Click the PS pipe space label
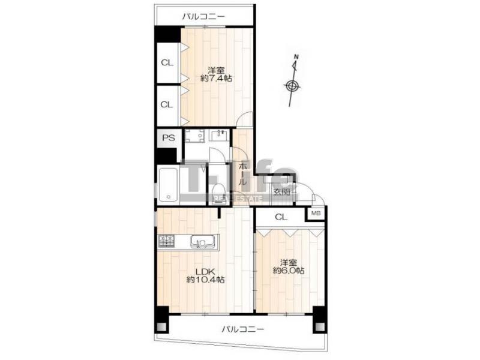[168, 138]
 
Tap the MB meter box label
[316, 213]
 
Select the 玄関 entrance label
[281, 192]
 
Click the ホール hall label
[242, 174]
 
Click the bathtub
[168, 185]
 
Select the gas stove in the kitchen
[166, 241]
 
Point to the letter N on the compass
[296, 56]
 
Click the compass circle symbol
[292, 86]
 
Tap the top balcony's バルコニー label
[203, 17]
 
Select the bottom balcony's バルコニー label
[243, 329]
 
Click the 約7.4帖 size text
[216, 79]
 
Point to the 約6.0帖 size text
[289, 271]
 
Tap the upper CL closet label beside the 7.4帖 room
[167, 63]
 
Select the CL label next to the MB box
[281, 217]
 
